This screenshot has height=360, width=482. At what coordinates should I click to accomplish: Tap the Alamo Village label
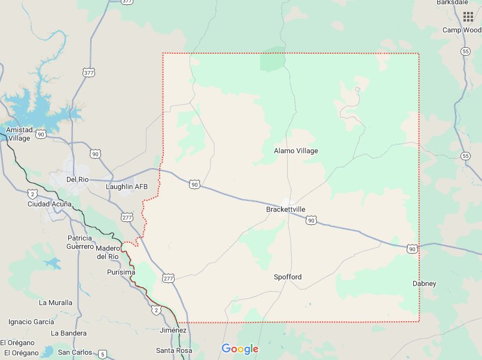coord(296,151)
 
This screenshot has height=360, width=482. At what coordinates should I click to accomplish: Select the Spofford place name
coord(288,277)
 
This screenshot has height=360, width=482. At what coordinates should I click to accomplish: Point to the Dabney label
coord(425,283)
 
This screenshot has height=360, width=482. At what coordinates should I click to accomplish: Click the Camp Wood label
coord(461,30)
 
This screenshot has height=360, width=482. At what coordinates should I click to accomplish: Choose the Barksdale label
coord(453,2)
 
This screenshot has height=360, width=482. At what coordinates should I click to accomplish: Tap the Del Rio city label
coord(78,179)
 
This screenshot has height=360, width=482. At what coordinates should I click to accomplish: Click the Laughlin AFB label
coord(126,187)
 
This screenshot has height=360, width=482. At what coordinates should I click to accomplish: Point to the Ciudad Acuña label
coord(50,204)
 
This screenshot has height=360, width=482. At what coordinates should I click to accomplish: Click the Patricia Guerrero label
coord(80,242)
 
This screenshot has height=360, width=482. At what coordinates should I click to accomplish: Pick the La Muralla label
coord(56,303)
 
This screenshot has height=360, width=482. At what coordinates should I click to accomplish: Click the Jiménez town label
coord(174,330)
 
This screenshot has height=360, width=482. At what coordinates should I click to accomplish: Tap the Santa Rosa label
coord(174,350)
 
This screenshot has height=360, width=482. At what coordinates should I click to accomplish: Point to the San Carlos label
coord(75,352)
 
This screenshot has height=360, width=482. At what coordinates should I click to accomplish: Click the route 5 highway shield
coord(103,353)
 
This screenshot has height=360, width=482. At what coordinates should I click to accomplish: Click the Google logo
coord(240,349)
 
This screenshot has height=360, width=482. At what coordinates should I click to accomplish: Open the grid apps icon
coord(468,16)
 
